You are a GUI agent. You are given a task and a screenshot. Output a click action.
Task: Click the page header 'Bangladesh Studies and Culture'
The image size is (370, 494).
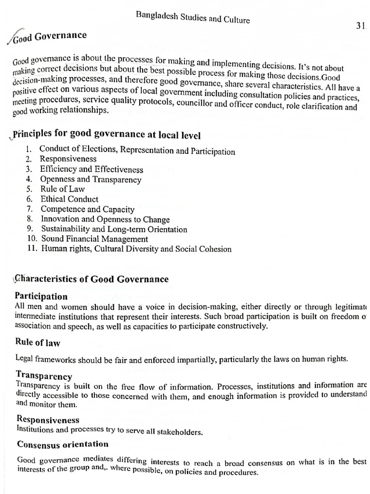193,18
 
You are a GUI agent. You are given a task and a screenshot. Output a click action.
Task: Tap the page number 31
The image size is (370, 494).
361,27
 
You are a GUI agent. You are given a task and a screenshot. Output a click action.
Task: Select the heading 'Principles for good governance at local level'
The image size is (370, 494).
106,135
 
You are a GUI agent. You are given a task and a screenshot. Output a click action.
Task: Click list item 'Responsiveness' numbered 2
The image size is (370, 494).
68,159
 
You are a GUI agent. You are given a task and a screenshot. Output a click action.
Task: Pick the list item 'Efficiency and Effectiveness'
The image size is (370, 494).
92,169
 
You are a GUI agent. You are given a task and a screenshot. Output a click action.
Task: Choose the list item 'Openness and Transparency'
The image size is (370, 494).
91,179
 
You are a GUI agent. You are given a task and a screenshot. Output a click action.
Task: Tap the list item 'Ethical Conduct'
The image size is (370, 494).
69,199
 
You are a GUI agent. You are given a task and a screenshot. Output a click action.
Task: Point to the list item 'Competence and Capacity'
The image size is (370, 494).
88,209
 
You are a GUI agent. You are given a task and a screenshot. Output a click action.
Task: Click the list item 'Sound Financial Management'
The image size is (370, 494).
94,239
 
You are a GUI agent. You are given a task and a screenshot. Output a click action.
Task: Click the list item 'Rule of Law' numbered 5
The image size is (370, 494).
63,189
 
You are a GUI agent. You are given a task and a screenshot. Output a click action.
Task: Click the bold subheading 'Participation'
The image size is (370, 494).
41,296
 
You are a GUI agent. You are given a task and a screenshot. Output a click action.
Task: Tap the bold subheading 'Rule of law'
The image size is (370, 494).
38,343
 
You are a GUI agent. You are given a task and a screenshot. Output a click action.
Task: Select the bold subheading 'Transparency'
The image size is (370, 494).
44,376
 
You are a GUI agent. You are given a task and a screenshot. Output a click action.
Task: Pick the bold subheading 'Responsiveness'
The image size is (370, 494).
48,420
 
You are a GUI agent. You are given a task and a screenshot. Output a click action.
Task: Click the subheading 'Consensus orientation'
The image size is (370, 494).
63,444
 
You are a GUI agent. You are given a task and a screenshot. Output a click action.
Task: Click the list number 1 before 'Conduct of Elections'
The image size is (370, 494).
29,149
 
